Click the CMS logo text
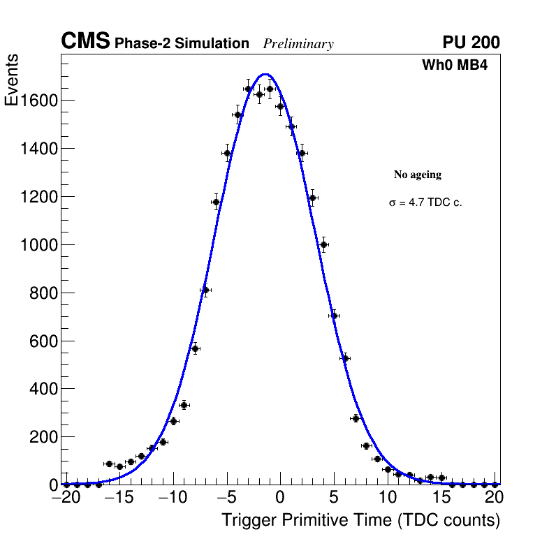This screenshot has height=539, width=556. tap(85, 42)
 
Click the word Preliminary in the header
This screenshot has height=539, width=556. tap(298, 44)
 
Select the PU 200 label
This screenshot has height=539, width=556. tap(471, 43)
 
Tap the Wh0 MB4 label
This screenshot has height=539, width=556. tap(460, 66)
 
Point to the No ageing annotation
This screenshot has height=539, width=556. tap(418, 175)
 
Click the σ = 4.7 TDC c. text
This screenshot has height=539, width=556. tap(425, 203)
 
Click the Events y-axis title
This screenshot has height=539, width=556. tap(12, 80)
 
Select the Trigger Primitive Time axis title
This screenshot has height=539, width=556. tap(360, 520)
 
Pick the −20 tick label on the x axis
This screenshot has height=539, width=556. tap(66, 498)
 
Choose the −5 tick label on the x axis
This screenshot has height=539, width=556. tap(226, 498)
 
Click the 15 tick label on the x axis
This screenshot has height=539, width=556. tap(441, 498)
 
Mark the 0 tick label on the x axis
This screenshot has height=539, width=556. tap(280, 498)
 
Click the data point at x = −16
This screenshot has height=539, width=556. tap(109, 464)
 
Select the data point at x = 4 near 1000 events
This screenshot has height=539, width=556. tap(323, 244)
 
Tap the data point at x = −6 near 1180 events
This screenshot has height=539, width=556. tap(216, 202)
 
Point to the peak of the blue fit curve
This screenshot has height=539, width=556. tap(266, 74)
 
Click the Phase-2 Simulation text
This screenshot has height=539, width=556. tap(182, 44)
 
